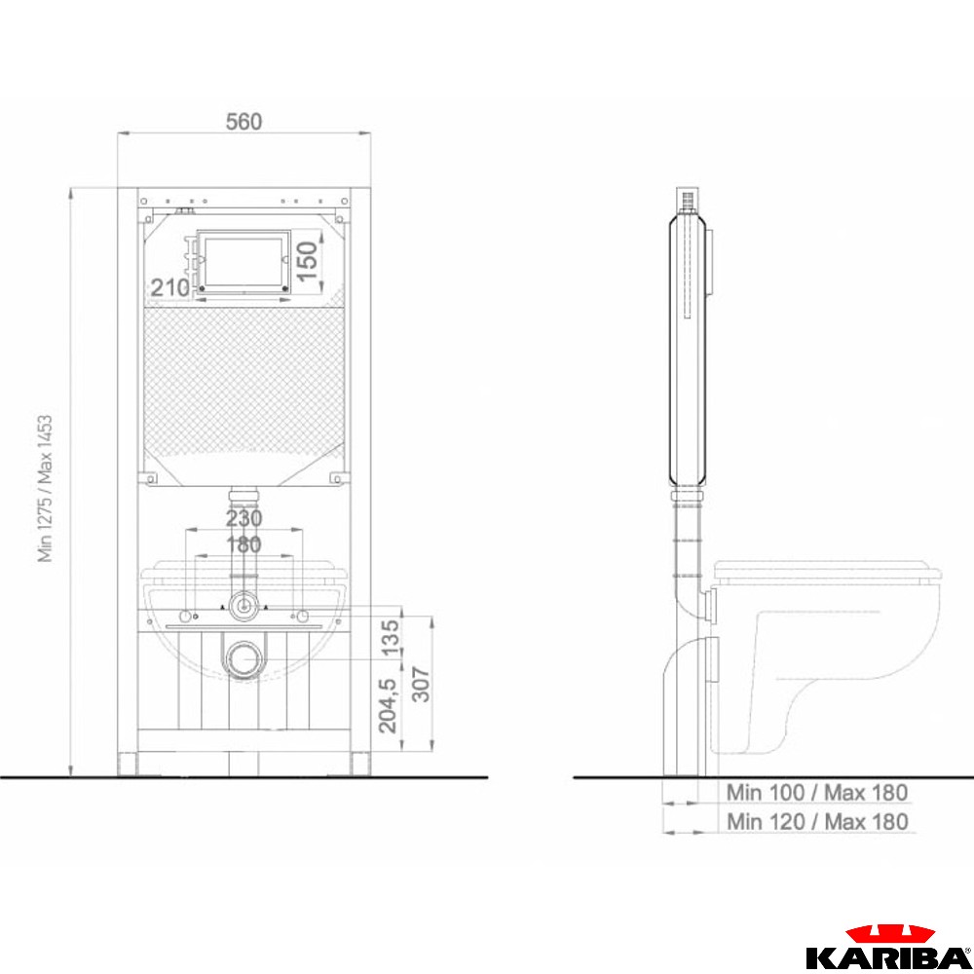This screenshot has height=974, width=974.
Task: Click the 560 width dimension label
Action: (243, 121)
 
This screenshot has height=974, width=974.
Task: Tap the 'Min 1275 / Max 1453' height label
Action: (45, 489)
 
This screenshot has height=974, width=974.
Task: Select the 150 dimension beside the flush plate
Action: (308, 261)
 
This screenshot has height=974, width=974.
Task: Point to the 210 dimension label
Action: (169, 287)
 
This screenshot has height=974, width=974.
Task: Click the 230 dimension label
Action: (243, 518)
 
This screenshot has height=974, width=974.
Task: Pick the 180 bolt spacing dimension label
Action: (243, 544)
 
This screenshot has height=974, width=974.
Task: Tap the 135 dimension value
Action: (390, 637)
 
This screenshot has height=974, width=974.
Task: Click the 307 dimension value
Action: (421, 684)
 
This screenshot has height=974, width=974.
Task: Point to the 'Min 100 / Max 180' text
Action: (817, 793)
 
